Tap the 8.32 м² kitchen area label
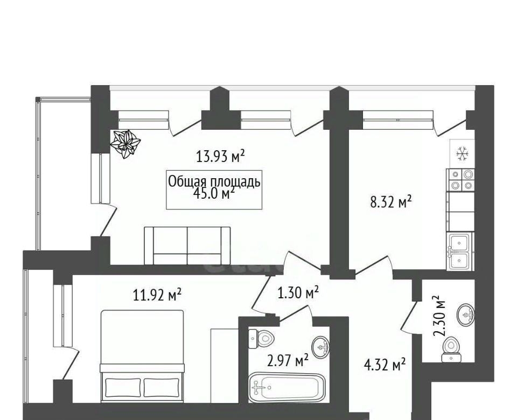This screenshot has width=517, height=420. (392, 201)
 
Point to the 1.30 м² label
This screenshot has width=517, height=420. (298, 292)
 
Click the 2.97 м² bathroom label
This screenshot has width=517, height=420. (288, 360)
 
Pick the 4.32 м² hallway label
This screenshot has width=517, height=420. (385, 365)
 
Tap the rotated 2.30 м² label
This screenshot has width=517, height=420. (439, 316)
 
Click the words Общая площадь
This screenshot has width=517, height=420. (214, 181)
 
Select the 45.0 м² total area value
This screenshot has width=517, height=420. (214, 193)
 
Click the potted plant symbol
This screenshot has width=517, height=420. (125, 144)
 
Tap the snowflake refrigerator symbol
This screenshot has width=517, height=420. (462, 154)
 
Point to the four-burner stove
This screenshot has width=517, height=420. (460, 180)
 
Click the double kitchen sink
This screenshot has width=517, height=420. (460, 251)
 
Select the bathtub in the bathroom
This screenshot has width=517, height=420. (287, 387)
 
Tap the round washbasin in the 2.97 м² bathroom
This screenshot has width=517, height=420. (321, 347)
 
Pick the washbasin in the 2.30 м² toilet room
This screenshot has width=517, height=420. (466, 314)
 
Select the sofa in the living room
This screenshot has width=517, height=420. (187, 246)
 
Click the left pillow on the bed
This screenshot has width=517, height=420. (123, 387)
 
